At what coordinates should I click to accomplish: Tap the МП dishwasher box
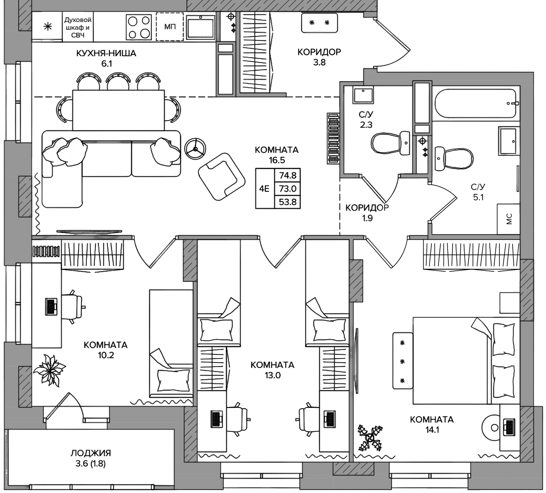click(x=170, y=27)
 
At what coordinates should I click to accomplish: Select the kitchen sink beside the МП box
click(x=201, y=27)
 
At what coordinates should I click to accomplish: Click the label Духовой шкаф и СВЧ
click(x=78, y=27)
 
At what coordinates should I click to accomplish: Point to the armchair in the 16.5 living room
click(x=222, y=177)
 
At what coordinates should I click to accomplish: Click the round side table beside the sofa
click(x=195, y=148)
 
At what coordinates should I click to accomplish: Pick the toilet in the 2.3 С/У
click(x=390, y=143)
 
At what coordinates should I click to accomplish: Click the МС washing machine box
click(x=508, y=219)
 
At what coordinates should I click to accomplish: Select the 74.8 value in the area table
click(x=287, y=175)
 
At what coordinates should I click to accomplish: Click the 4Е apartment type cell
click(x=264, y=188)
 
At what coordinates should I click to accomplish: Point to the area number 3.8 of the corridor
click(x=319, y=63)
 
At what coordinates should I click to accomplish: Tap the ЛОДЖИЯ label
click(x=91, y=453)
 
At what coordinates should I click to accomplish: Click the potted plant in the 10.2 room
click(x=49, y=370)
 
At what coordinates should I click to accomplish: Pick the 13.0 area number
click(x=273, y=376)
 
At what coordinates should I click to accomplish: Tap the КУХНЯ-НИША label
click(x=106, y=53)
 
